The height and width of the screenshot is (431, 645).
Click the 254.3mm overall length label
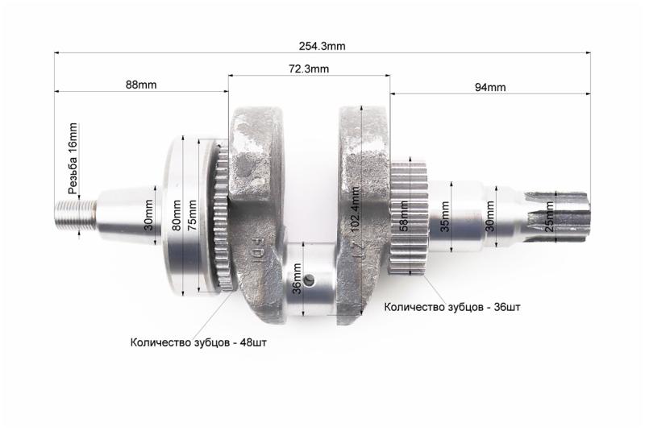click(322, 46)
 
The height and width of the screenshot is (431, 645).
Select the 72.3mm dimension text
click(309, 68)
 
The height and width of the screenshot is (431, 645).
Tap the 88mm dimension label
click(141, 85)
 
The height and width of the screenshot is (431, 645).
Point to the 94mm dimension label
click(490, 87)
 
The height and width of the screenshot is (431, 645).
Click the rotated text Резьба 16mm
click(73, 158)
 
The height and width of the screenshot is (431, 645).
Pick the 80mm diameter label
click(177, 215)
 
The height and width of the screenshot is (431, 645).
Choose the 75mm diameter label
click(192, 215)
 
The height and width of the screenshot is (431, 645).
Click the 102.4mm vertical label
click(355, 209)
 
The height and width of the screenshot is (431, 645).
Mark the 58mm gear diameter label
click(404, 216)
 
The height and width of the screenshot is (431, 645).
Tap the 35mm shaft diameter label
click(445, 216)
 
